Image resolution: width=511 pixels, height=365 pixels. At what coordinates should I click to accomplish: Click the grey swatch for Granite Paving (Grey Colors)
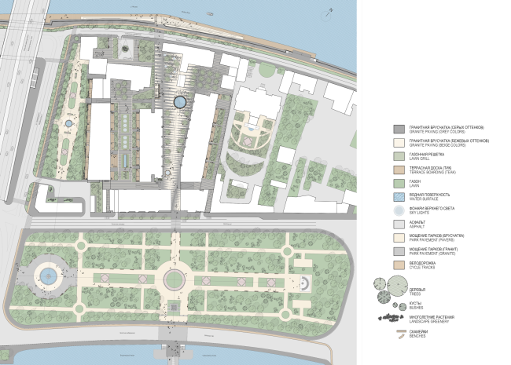pyautogui.click(x=399, y=129)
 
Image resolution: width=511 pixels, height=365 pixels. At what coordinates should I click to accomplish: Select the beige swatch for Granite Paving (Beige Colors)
pyautogui.click(x=399, y=143)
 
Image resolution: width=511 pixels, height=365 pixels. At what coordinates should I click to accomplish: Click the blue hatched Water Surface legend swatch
pyautogui.click(x=399, y=196)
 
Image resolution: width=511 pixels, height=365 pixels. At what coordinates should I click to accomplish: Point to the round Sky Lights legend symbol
pyautogui.click(x=399, y=210)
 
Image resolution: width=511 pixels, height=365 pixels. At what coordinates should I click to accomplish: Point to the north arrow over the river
pyautogui.click(x=333, y=9)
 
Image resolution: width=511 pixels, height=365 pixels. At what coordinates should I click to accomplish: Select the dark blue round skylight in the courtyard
pyautogui.click(x=180, y=101)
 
